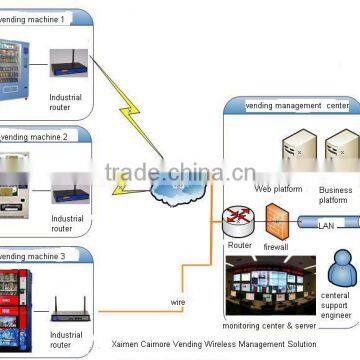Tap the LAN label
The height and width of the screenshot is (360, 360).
pyautogui.click(x=325, y=225)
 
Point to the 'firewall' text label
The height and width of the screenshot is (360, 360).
pyautogui.click(x=276, y=245)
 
